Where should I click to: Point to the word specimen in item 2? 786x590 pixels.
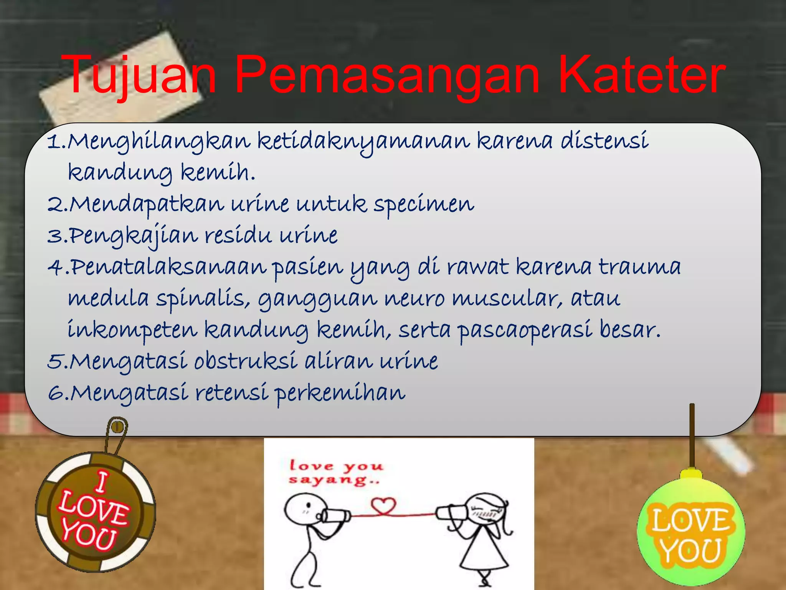(x=424, y=205)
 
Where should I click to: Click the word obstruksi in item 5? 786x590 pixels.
(x=246, y=361)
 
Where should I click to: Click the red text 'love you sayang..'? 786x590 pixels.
(x=336, y=472)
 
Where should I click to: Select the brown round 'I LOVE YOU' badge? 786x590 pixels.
(x=95, y=511)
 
